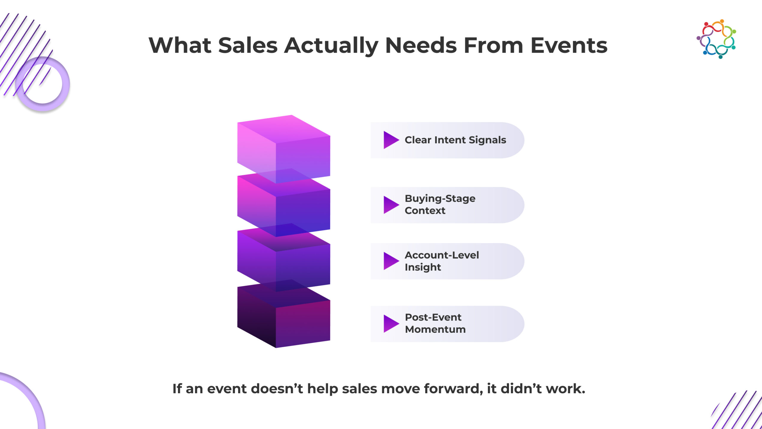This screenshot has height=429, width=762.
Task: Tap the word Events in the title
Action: [x=569, y=46]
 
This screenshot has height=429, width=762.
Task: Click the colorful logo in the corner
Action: [x=716, y=39]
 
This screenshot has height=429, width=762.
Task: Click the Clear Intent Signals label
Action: [x=455, y=140]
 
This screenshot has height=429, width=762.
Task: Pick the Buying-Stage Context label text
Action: [x=440, y=204]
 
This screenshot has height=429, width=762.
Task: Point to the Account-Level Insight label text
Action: [x=442, y=261]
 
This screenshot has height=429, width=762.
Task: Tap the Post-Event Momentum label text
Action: [x=435, y=323]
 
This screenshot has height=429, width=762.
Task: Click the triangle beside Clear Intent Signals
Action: [x=391, y=140]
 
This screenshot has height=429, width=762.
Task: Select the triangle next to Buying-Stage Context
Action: [x=391, y=205]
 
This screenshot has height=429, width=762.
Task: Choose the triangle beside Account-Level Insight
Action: [x=391, y=261]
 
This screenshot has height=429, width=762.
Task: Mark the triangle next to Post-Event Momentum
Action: [x=391, y=324]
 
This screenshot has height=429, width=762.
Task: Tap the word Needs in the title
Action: [x=421, y=46]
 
